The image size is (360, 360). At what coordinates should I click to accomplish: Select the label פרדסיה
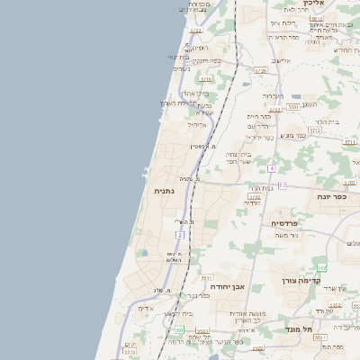tap(284, 222)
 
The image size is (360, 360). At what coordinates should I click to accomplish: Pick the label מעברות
tap(274, 95)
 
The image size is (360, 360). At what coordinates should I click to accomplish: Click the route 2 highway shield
tap(179, 235)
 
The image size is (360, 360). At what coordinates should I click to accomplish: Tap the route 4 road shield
tap(271, 168)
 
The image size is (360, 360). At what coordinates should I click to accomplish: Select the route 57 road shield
tap(282, 185)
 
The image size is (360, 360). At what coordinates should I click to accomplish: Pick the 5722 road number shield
tap(195, 30)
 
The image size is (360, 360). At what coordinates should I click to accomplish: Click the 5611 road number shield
tap(206, 278)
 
